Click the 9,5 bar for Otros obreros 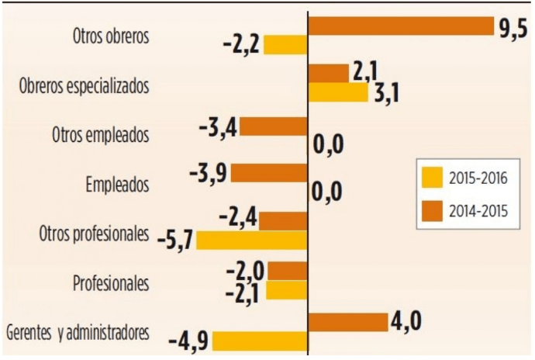pos(402,26)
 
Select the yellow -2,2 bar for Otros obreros pos(285,45)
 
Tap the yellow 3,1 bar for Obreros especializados pos(339,92)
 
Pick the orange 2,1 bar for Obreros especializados pos(329,74)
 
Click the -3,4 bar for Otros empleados pos(273,126)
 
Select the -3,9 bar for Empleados pos(269,173)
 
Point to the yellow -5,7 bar pos(252,240)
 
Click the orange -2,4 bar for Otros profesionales pos(283,221)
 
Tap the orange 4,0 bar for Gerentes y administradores pos(348,322)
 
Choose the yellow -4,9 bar pos(260,341)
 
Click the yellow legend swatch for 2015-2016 pos(433,177)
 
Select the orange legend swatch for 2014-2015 pos(433,211)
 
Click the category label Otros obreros pos(111,36)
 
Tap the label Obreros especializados pos(85,85)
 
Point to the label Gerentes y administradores pos(78,333)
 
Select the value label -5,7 pos(175,241)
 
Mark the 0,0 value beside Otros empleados pos(328,145)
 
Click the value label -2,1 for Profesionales pos(242,294)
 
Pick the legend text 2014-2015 pos(478,212)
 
